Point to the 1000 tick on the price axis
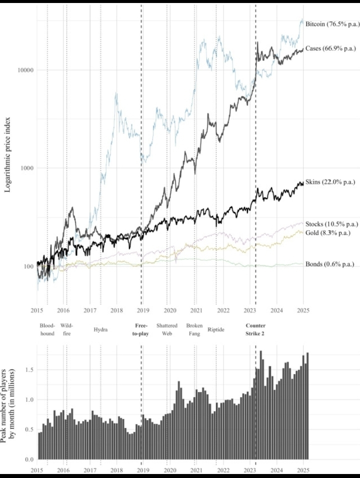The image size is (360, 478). click(x=25, y=168)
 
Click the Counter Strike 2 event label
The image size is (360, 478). click(x=255, y=329)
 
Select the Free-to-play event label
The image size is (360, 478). click(x=141, y=329)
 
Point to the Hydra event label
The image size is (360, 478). click(x=100, y=330)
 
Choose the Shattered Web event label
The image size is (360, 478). click(x=167, y=329)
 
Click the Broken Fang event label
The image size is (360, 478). click(x=194, y=329)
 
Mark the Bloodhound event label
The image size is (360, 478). click(x=47, y=329)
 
